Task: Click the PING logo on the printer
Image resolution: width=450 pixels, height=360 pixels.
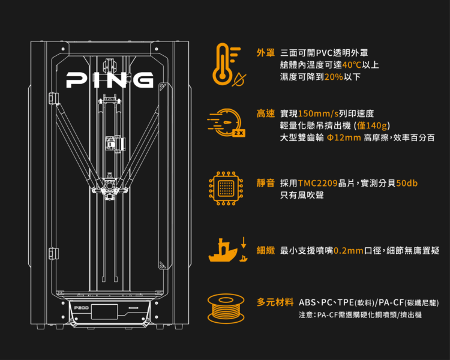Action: click(x=109, y=79)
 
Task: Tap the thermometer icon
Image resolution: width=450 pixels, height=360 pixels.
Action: click(x=227, y=64)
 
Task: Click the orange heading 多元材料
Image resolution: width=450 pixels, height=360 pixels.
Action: click(x=275, y=301)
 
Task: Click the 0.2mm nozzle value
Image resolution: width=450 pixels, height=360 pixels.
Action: click(x=349, y=250)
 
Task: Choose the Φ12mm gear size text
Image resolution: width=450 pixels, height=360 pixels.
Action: click(x=344, y=138)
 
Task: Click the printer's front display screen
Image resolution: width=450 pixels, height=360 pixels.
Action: click(x=104, y=311)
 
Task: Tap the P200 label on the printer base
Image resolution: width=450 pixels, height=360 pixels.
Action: click(x=80, y=308)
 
